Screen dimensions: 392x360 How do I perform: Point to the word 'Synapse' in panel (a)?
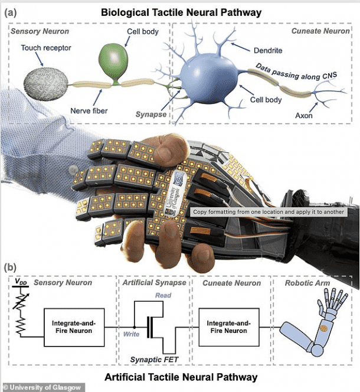click(x=150, y=114)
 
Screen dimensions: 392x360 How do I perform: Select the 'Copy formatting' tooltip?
click(x=269, y=211)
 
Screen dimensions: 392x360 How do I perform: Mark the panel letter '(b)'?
click(x=10, y=267)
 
